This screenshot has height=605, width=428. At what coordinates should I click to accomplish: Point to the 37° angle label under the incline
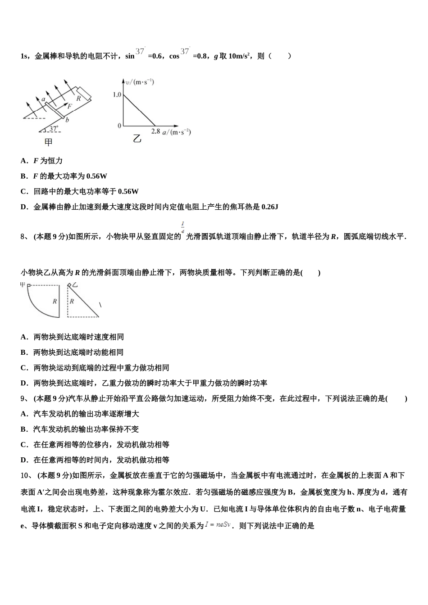click(54, 129)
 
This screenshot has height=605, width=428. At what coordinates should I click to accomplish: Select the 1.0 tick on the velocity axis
click(117, 95)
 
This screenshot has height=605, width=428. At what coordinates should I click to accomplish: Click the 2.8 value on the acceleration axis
click(155, 131)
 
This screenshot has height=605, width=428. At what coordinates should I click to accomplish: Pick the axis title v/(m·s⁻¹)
click(140, 82)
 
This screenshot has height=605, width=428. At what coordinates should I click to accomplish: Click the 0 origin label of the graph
click(119, 126)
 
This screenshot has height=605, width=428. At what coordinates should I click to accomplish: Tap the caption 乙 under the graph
click(137, 139)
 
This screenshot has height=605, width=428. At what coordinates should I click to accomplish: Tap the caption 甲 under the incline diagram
click(48, 142)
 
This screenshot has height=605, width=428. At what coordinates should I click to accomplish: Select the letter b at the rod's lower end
click(67, 120)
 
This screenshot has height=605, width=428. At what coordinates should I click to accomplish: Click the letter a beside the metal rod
click(43, 99)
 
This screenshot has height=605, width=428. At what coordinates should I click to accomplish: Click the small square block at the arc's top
click(28, 285)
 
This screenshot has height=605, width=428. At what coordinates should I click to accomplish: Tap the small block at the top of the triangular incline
click(69, 285)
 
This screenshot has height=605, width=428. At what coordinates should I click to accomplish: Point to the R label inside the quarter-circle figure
click(55, 301)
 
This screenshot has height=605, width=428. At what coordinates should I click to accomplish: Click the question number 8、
click(25, 236)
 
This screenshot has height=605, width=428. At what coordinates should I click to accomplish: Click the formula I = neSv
click(218, 524)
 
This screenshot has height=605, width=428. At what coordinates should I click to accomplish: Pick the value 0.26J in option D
click(269, 207)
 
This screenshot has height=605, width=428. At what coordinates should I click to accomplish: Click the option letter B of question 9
click(24, 429)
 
